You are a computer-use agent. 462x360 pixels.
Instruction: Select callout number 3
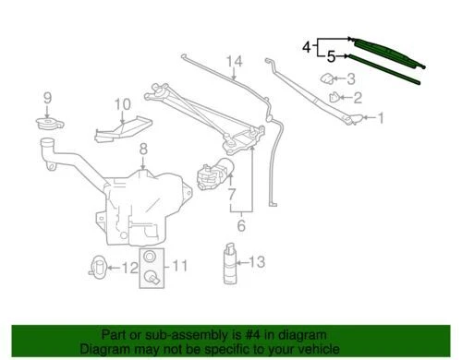click(x=350, y=78)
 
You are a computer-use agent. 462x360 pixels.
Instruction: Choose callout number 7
click(x=232, y=196)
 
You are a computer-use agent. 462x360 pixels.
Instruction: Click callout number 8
click(x=142, y=149)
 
